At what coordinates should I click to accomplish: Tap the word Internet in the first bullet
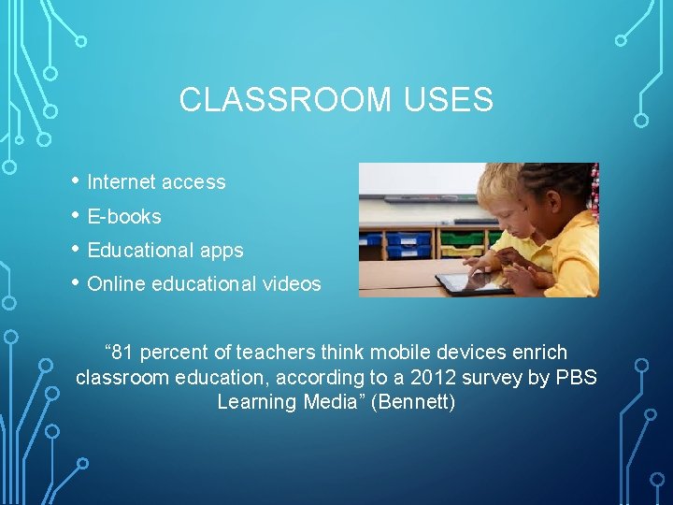pyautogui.click(x=122, y=182)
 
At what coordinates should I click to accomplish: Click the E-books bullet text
pyautogui.click(x=123, y=217)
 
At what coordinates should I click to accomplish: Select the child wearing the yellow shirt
pyautogui.click(x=561, y=234)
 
